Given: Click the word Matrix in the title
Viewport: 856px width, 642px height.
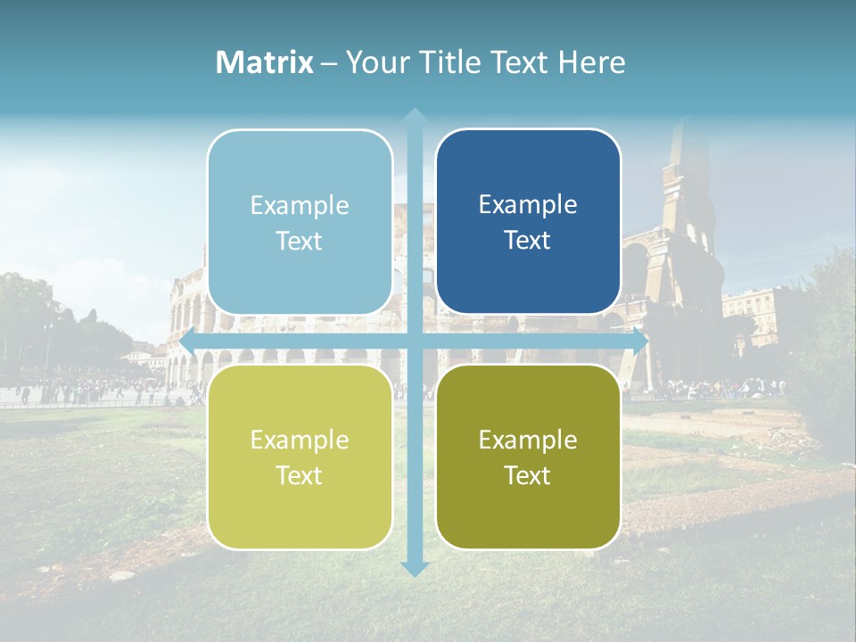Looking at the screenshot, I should coord(265,62).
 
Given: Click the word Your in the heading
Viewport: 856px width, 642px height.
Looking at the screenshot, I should coord(374,62).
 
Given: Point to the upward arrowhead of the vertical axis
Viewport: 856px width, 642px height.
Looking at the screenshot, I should coord(415,116).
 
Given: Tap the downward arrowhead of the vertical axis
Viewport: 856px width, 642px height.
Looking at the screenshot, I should coord(415,568).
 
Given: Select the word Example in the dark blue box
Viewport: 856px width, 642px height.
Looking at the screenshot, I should coord(528,205).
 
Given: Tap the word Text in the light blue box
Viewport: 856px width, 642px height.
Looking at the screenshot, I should coord(300,241).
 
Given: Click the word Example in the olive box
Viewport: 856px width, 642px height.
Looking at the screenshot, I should coord(528,440).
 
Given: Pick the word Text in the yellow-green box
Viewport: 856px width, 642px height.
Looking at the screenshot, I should coord(300,475).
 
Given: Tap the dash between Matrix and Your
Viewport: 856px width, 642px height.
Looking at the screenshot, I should coord(330,63).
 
